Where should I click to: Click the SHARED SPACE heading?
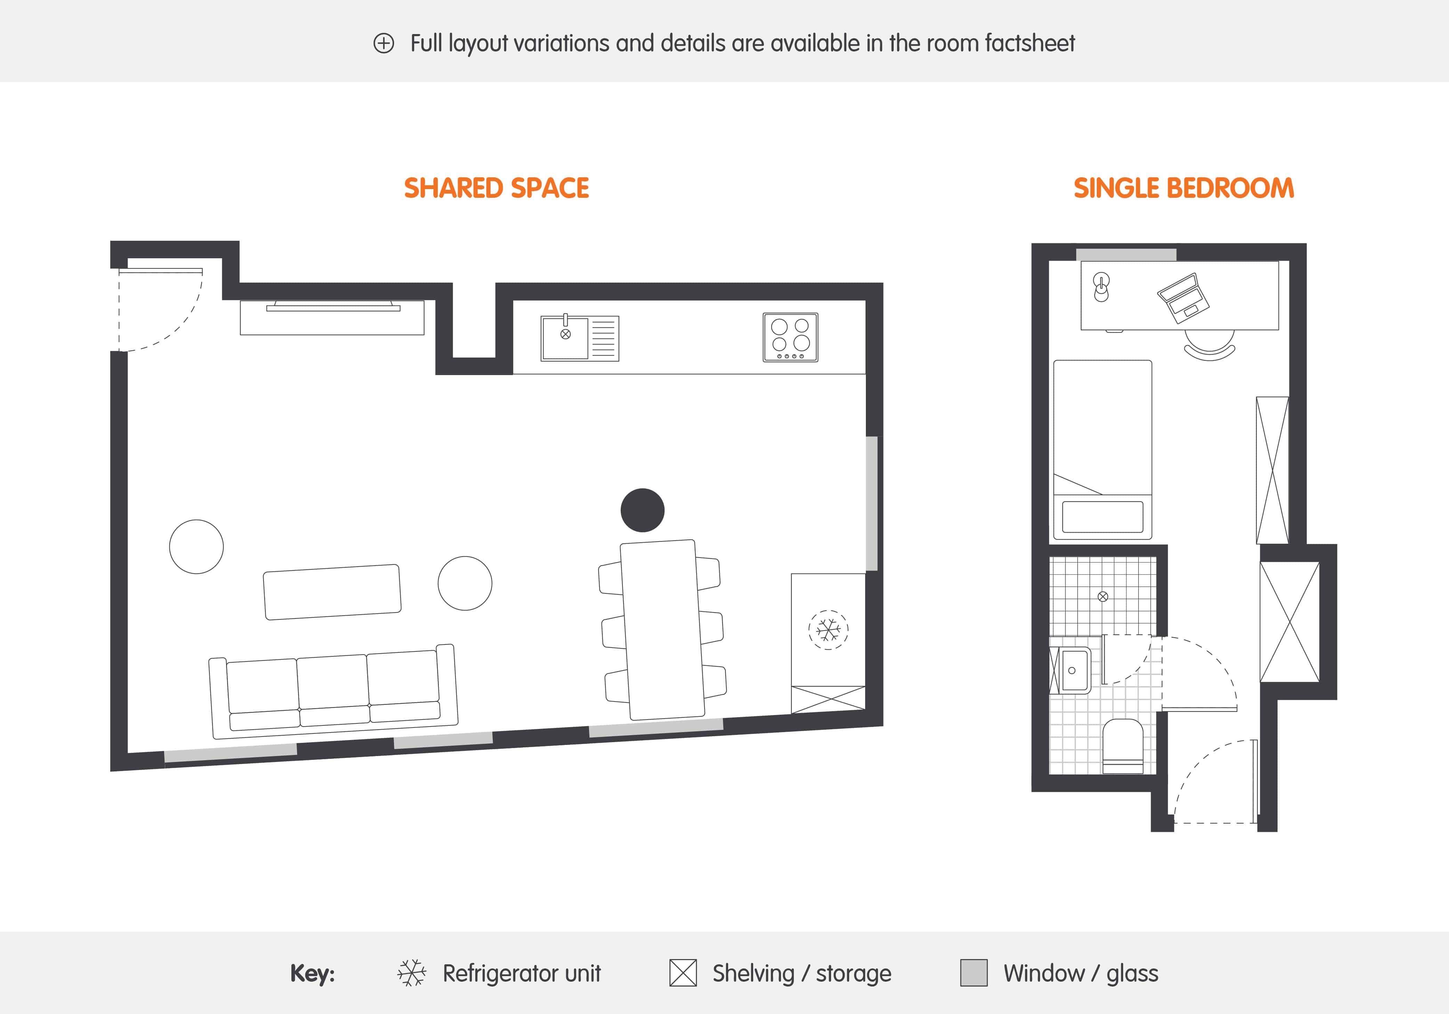(x=496, y=188)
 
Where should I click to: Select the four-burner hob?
(x=790, y=337)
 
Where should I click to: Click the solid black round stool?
(x=643, y=510)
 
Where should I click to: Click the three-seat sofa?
(x=333, y=691)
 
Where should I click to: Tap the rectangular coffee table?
(x=332, y=592)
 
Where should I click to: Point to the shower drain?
(x=1103, y=596)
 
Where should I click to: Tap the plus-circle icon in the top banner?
(x=384, y=43)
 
